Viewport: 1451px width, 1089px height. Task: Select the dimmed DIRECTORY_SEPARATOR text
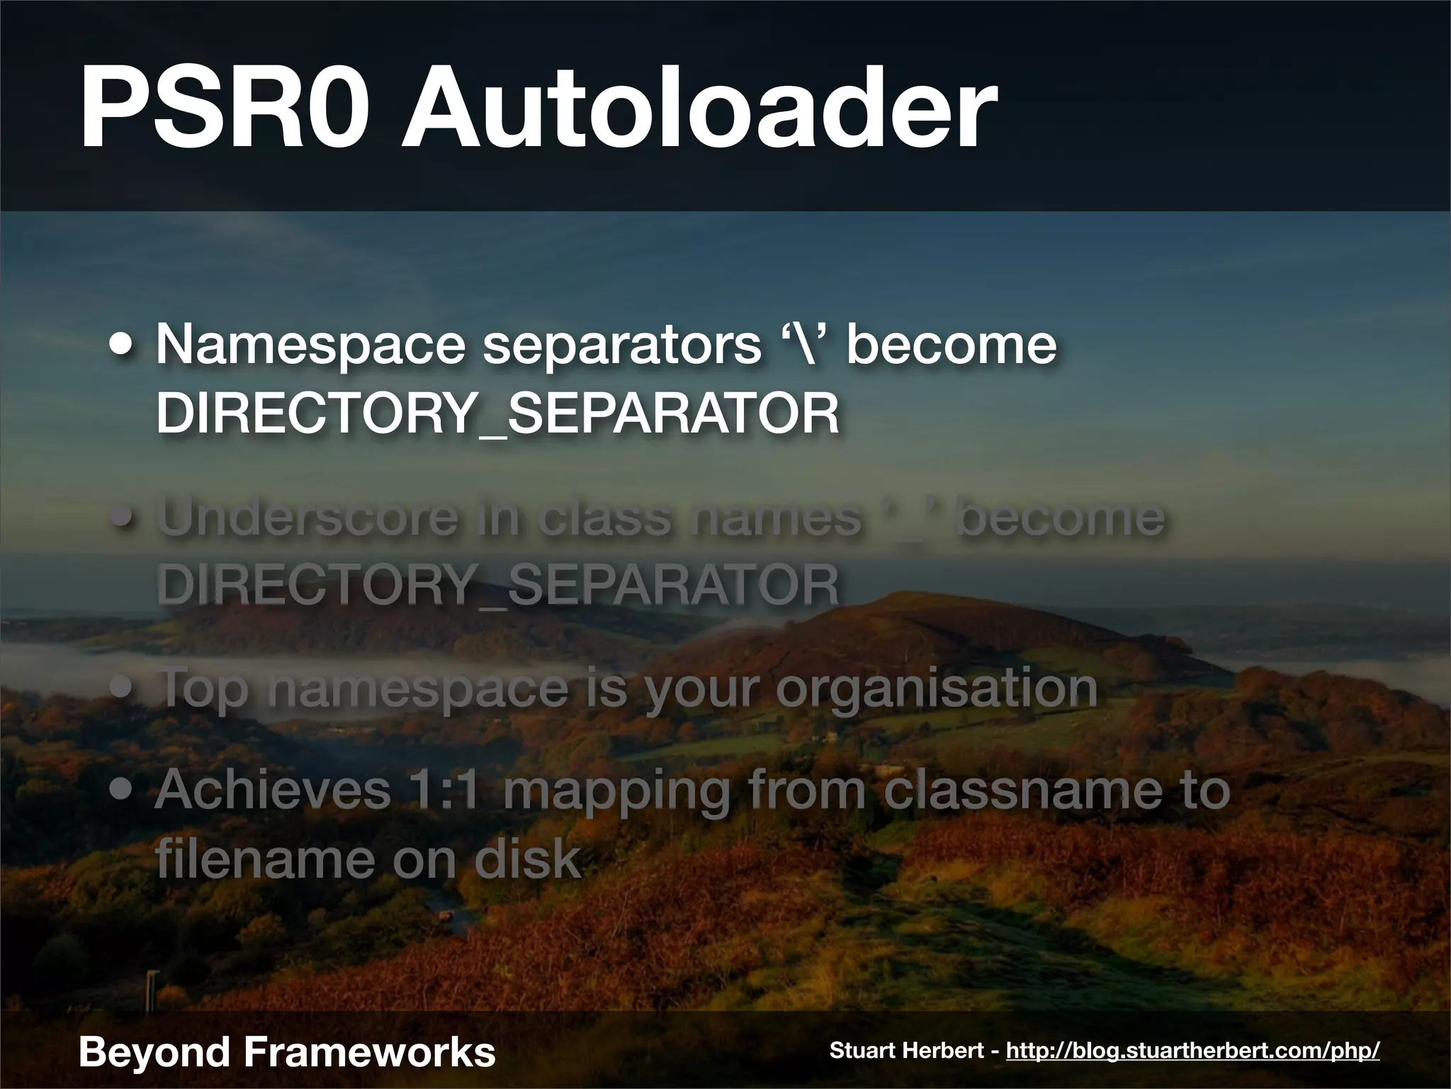[497, 585]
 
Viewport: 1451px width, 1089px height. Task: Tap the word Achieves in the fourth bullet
[273, 790]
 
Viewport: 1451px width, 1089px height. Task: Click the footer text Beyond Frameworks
[287, 1051]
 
